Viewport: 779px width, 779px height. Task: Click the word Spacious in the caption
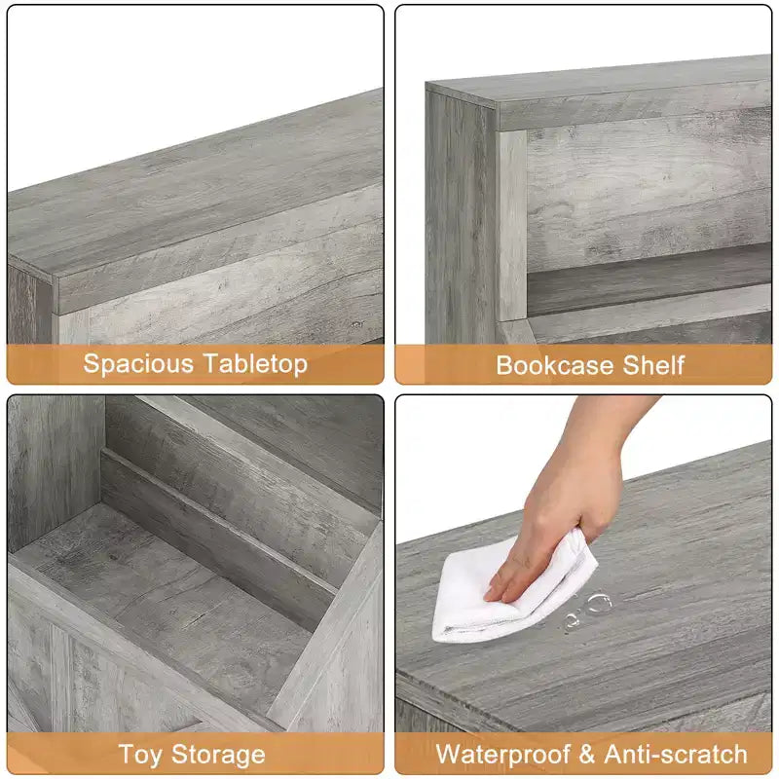click(x=138, y=363)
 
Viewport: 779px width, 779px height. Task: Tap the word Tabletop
click(x=256, y=363)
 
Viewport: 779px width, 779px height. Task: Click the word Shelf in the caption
click(x=653, y=365)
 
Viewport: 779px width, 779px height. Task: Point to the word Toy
click(x=140, y=755)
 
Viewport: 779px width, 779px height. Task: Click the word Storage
click(x=218, y=755)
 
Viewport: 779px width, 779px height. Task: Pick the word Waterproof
click(x=502, y=754)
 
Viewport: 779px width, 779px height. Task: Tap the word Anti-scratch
click(x=676, y=754)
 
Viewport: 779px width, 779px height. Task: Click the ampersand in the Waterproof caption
click(x=587, y=754)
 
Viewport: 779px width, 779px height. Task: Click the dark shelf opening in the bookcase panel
click(x=646, y=280)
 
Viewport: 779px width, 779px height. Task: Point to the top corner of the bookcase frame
click(x=427, y=85)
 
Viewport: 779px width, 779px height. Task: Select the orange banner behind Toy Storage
click(x=196, y=754)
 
